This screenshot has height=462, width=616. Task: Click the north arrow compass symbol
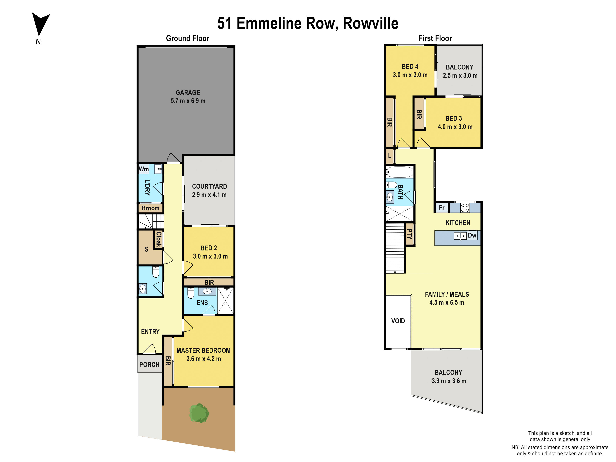[x=40, y=24]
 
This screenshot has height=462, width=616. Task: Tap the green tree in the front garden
[x=199, y=413]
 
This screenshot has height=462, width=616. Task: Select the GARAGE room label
[x=188, y=92]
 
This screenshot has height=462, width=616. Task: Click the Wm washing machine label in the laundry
[x=144, y=169]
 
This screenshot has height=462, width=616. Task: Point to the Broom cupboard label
[x=150, y=208]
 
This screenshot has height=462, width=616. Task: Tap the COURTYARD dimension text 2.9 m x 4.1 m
[x=209, y=195]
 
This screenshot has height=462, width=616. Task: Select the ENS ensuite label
[x=202, y=303]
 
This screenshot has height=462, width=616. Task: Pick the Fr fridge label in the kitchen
[x=441, y=208]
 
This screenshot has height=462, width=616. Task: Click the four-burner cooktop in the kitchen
[x=465, y=208]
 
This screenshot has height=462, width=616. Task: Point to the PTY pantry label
[x=409, y=234]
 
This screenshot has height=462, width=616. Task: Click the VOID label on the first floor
[x=398, y=321]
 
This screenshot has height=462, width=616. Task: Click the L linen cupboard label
[x=390, y=156]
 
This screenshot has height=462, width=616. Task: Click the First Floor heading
[x=435, y=38]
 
